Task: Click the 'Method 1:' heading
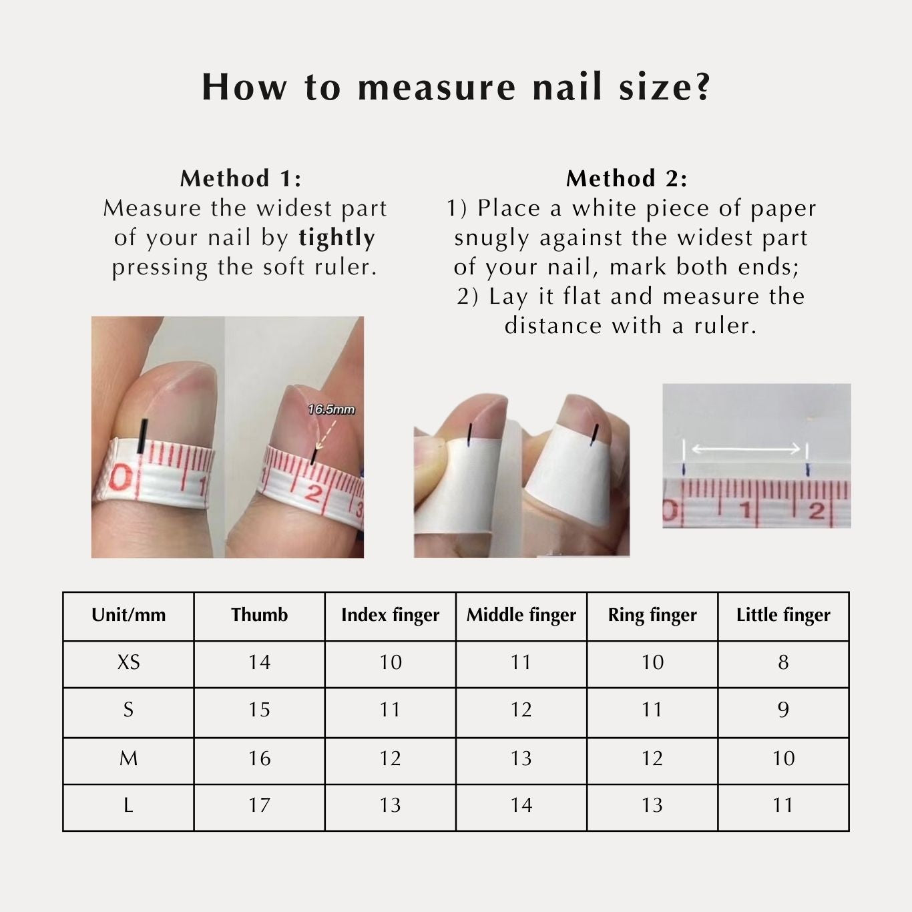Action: [x=240, y=178]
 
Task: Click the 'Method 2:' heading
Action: [x=626, y=178]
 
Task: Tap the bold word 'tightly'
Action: [x=336, y=238]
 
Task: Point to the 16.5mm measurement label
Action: [x=331, y=409]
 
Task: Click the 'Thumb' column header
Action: [x=259, y=615]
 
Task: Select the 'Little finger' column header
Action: [x=783, y=615]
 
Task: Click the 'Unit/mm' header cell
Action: [x=128, y=615]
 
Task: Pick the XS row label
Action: [x=128, y=662]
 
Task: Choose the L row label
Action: [x=128, y=805]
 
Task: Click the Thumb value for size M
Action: [x=259, y=758]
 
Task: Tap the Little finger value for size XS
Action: [x=783, y=662]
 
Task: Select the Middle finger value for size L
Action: [x=521, y=805]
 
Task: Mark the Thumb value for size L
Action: [x=259, y=805]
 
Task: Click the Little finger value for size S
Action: [x=783, y=710]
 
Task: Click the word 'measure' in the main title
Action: [x=437, y=87]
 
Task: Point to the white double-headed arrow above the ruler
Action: [x=745, y=449]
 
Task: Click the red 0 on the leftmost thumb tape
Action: [x=121, y=479]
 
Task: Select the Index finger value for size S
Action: [x=390, y=710]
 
